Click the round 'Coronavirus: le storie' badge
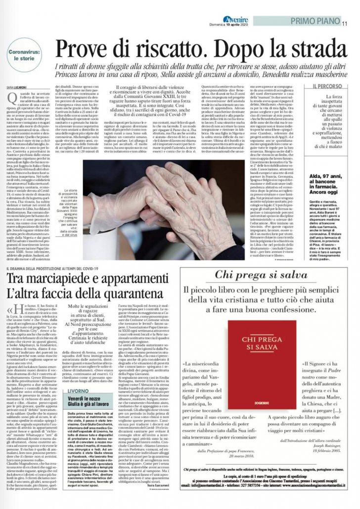pos(24,53)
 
